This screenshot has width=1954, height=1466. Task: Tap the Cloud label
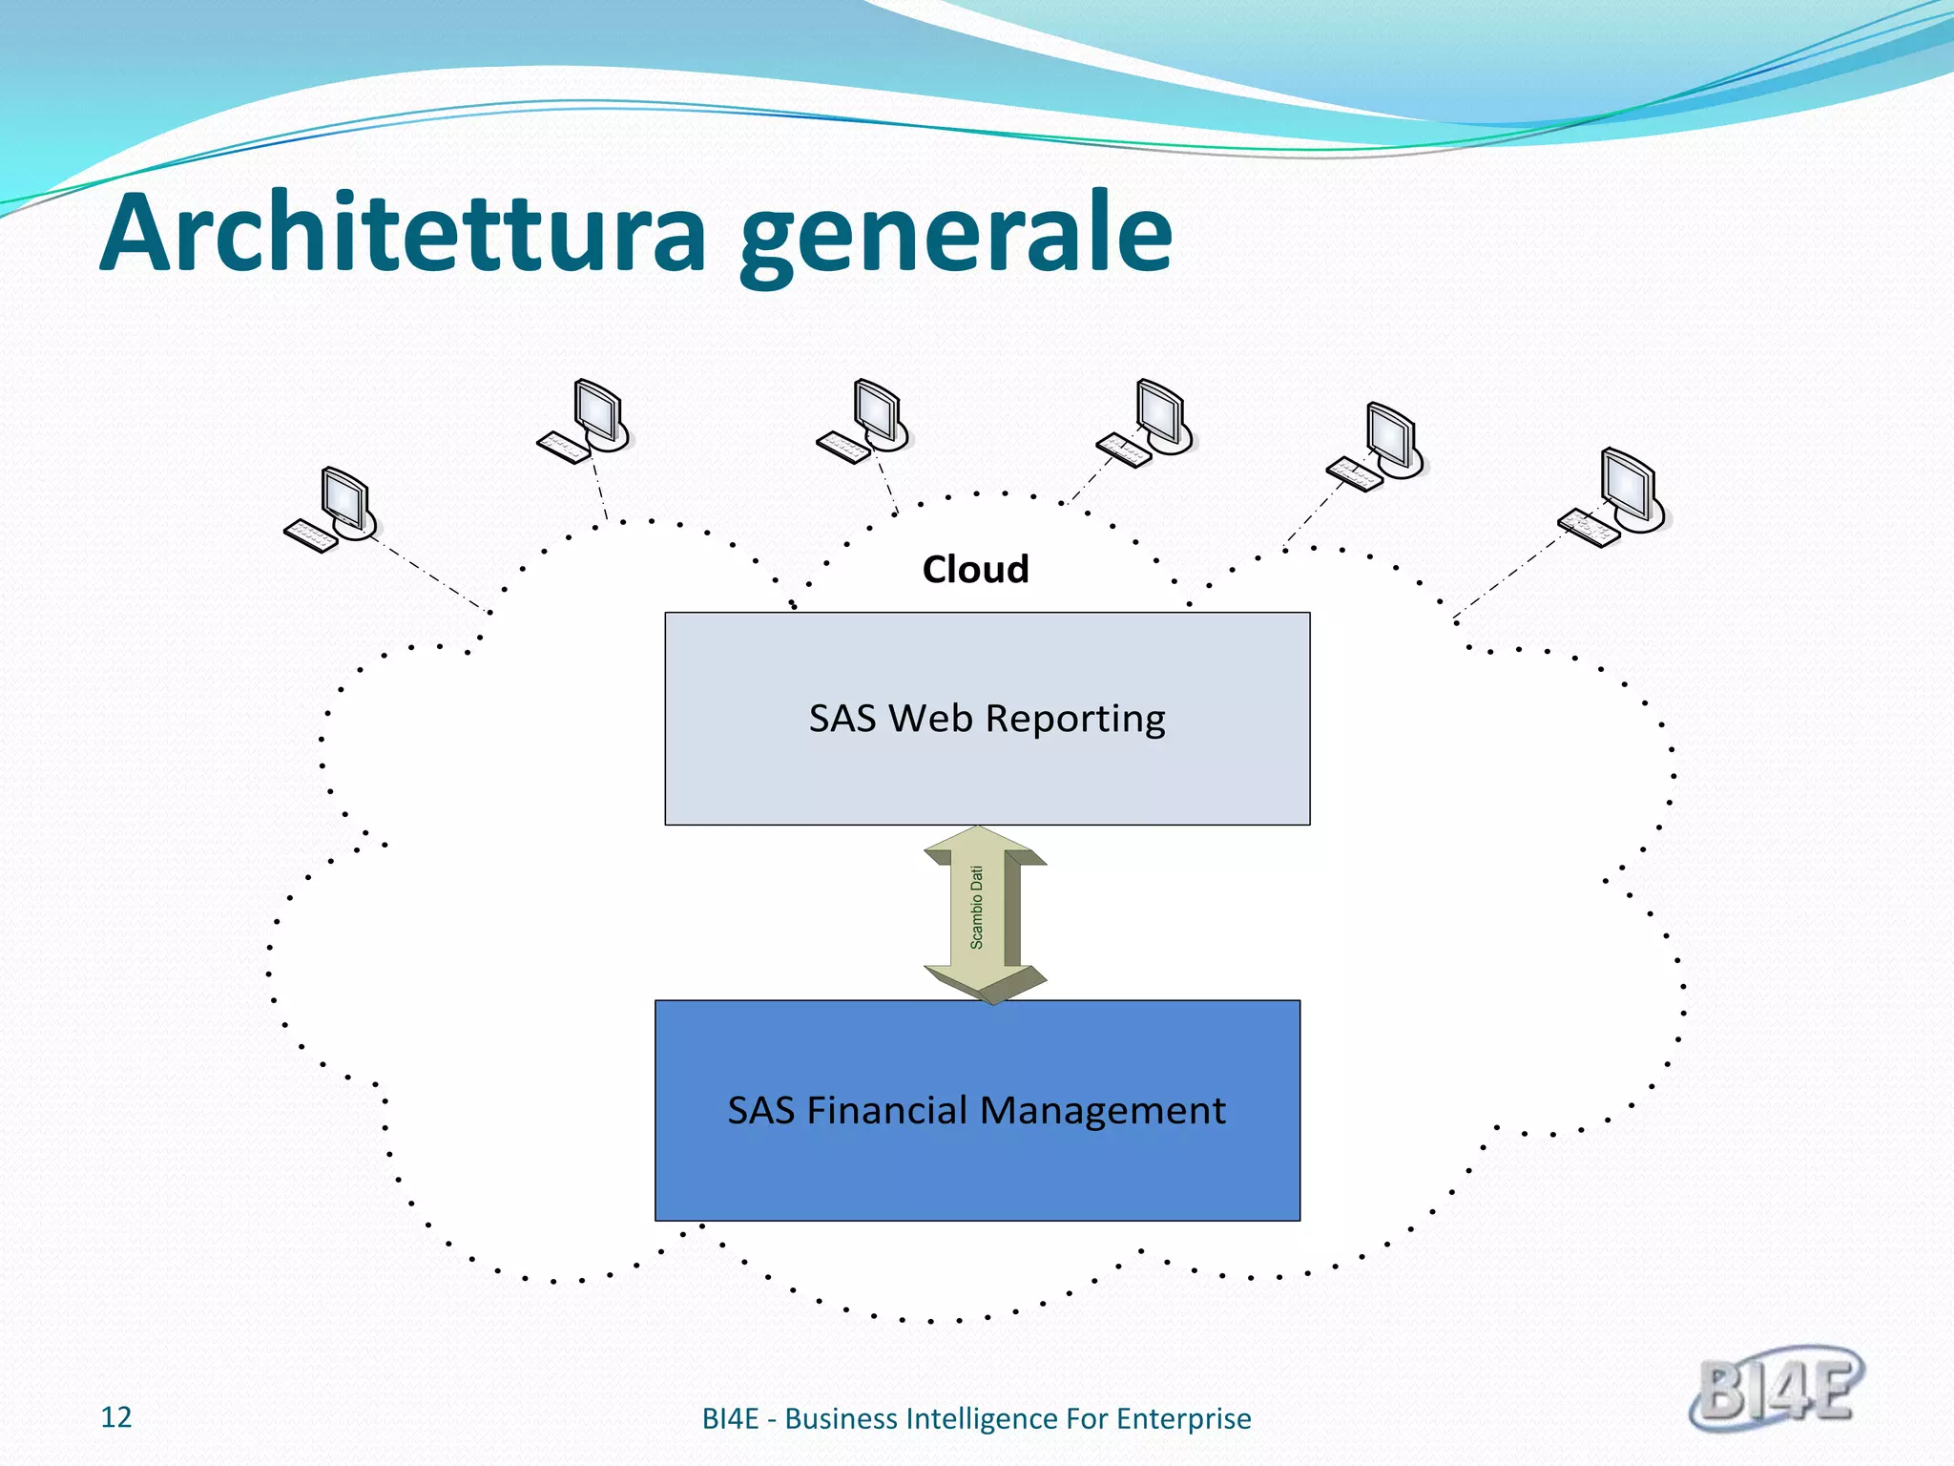(975, 570)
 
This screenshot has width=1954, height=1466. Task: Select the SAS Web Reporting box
(987, 764)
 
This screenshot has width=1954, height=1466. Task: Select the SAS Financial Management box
(977, 1164)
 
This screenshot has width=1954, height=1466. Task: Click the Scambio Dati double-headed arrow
(985, 913)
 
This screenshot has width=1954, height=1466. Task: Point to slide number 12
(116, 1417)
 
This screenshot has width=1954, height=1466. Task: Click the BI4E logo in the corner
(1777, 1389)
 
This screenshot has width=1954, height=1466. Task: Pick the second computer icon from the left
(585, 422)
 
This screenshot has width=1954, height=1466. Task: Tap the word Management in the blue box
(1102, 1111)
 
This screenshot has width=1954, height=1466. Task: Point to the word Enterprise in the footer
(1183, 1419)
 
